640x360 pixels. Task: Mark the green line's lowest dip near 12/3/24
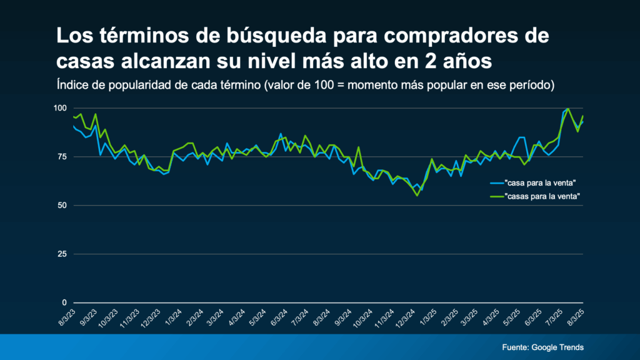pyautogui.click(x=417, y=196)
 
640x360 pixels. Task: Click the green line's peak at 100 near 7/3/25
pyautogui.click(x=567, y=109)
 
